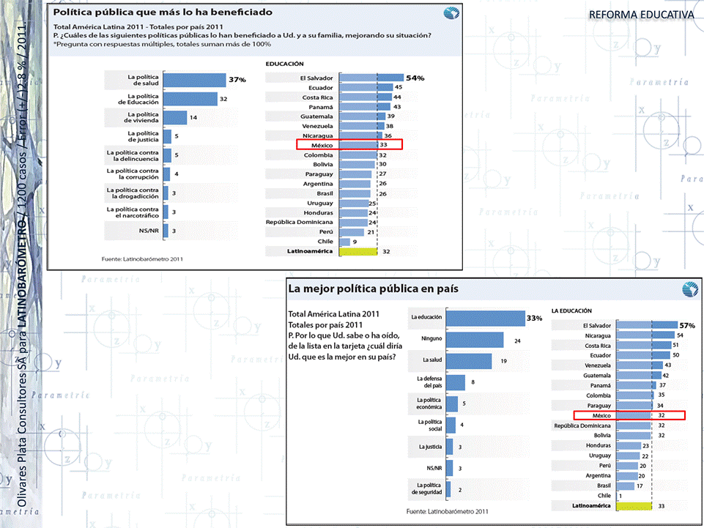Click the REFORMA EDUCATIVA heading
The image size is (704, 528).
[x=641, y=15]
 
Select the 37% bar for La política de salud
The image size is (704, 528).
[x=194, y=79]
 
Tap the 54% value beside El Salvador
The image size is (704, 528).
[x=415, y=78]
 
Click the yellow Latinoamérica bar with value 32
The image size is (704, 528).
[x=359, y=251]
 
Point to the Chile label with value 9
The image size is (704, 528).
[x=325, y=242]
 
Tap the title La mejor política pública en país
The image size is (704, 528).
[x=374, y=289]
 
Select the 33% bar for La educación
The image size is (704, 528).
[x=485, y=318]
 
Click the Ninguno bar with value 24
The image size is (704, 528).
[x=475, y=340]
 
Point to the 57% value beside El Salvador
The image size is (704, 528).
[x=686, y=325]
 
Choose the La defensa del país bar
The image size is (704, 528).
[x=455, y=382]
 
